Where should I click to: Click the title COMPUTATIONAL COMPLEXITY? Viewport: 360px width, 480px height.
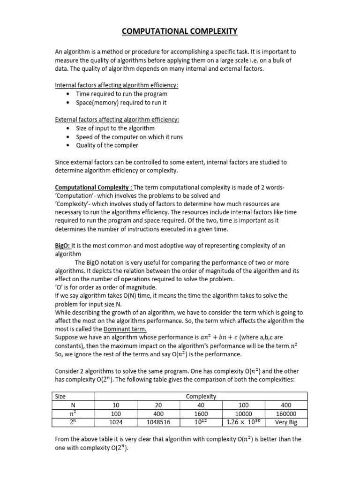[x=180, y=31]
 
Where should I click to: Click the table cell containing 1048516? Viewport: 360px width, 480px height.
[x=158, y=422]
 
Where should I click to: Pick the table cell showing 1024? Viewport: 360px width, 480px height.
[x=117, y=422]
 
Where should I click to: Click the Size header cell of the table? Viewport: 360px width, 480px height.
[x=60, y=396]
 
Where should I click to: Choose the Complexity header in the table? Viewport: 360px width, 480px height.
[x=201, y=396]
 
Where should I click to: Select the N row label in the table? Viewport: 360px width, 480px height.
[x=73, y=405]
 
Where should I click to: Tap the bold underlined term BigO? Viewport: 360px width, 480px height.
[x=63, y=246]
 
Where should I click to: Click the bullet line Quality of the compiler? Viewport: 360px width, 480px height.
[x=107, y=145]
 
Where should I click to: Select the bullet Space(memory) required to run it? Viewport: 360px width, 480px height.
[x=121, y=102]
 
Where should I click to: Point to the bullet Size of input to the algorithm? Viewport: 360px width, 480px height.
[x=115, y=128]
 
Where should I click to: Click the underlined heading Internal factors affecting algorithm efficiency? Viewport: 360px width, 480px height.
[x=117, y=85]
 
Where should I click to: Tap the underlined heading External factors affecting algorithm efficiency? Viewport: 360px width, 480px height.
[x=117, y=120]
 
